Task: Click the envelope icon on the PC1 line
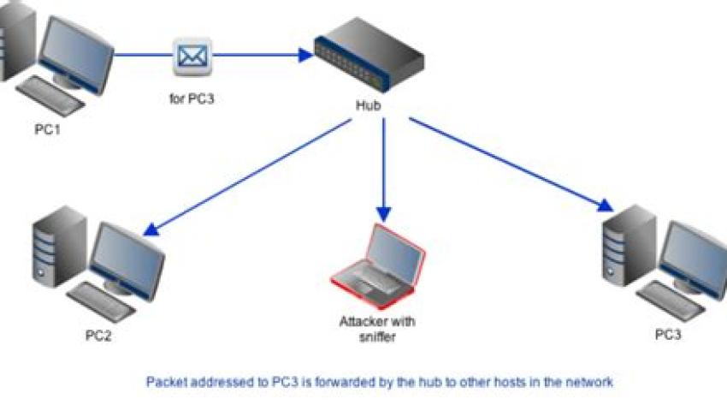[x=192, y=57]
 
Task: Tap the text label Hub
[x=369, y=107]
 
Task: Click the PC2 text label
[x=98, y=335]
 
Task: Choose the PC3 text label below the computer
[x=668, y=335]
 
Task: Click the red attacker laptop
[x=378, y=267]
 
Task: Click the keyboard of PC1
[x=52, y=94]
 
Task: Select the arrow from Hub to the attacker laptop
[x=383, y=171]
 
